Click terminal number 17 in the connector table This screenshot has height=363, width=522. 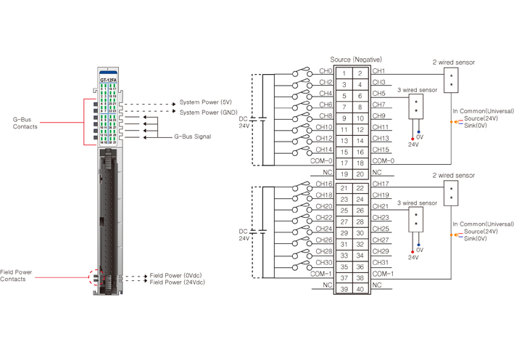click(x=344, y=163)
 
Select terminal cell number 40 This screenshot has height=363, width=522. click(x=360, y=289)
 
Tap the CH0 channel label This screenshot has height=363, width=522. click(x=326, y=71)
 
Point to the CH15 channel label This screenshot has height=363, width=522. click(x=381, y=150)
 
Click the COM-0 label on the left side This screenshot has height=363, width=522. click(x=322, y=160)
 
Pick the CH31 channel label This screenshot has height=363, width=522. click(x=381, y=262)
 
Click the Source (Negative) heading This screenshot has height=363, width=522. click(x=356, y=59)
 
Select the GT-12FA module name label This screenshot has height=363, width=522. click(x=109, y=79)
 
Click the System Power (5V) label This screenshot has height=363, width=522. click(x=206, y=103)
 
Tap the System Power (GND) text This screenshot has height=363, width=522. click(x=209, y=113)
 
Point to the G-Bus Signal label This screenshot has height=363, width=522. click(x=193, y=136)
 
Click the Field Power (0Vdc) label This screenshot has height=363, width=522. click(x=178, y=276)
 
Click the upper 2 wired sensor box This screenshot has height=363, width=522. click(x=452, y=80)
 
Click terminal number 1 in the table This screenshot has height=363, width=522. click(x=344, y=73)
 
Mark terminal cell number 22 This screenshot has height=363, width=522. click(x=360, y=188)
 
